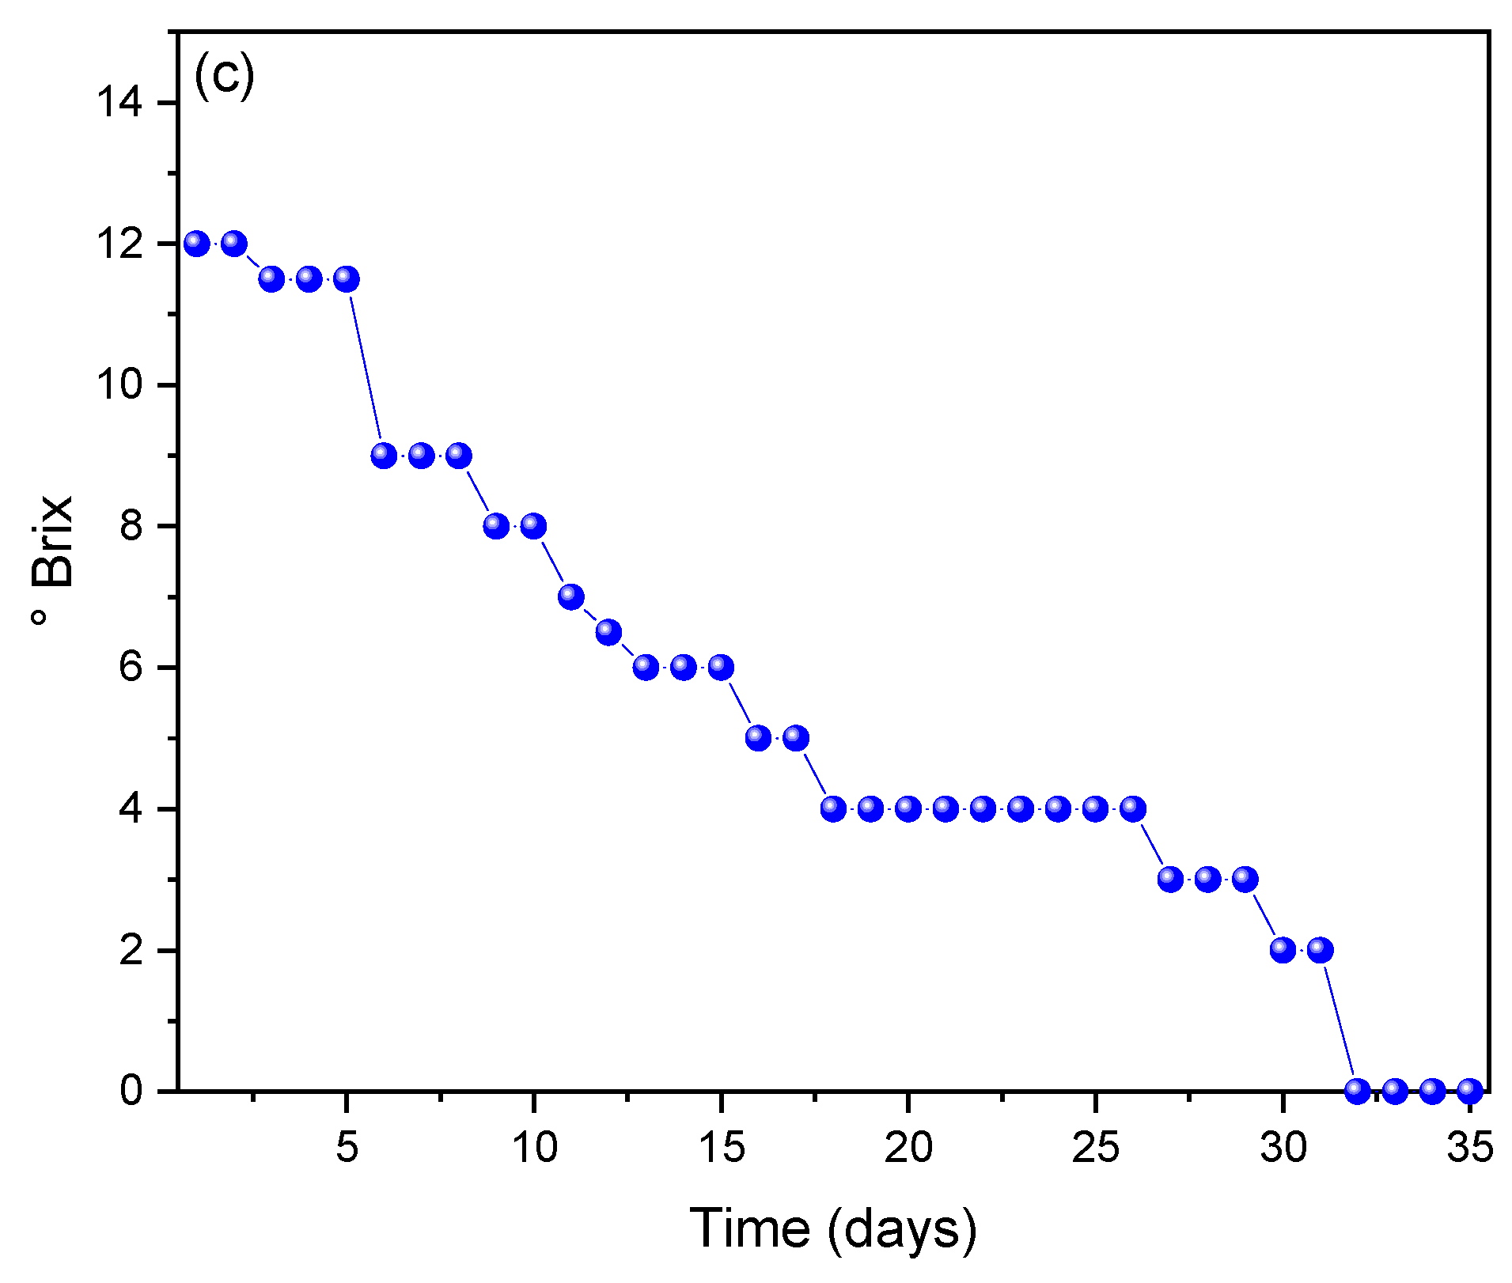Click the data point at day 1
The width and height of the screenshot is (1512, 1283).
(x=196, y=244)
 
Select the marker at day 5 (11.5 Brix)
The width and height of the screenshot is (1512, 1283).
(x=347, y=278)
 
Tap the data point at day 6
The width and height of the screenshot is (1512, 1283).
(x=384, y=456)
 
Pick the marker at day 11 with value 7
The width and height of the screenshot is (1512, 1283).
(x=571, y=596)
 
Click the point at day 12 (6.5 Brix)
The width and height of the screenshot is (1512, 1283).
(x=608, y=632)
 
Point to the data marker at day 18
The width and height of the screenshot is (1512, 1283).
(x=833, y=808)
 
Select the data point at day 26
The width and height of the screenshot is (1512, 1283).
(x=1133, y=808)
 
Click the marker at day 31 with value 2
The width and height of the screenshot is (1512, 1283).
(x=1320, y=949)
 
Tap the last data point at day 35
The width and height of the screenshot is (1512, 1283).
(x=1470, y=1091)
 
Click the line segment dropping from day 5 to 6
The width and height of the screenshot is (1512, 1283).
(x=366, y=367)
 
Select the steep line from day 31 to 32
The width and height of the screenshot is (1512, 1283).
(x=1339, y=1020)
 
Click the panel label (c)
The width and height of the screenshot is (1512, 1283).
(x=224, y=75)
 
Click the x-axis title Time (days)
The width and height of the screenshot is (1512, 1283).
(x=833, y=1228)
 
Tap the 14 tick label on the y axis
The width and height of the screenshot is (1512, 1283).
(x=119, y=103)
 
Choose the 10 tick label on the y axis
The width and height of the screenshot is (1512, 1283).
(x=119, y=385)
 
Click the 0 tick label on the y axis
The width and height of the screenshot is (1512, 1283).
(x=131, y=1091)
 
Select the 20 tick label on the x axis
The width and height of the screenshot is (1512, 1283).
(x=908, y=1147)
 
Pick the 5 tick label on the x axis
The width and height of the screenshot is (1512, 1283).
(x=347, y=1147)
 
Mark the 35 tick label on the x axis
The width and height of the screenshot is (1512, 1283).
(x=1470, y=1147)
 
